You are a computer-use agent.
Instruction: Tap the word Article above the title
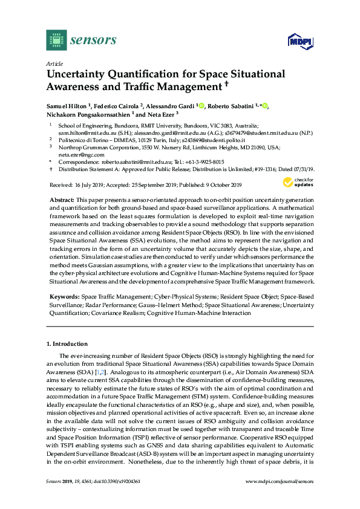tap(53, 63)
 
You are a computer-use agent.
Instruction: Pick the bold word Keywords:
tap(63, 298)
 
